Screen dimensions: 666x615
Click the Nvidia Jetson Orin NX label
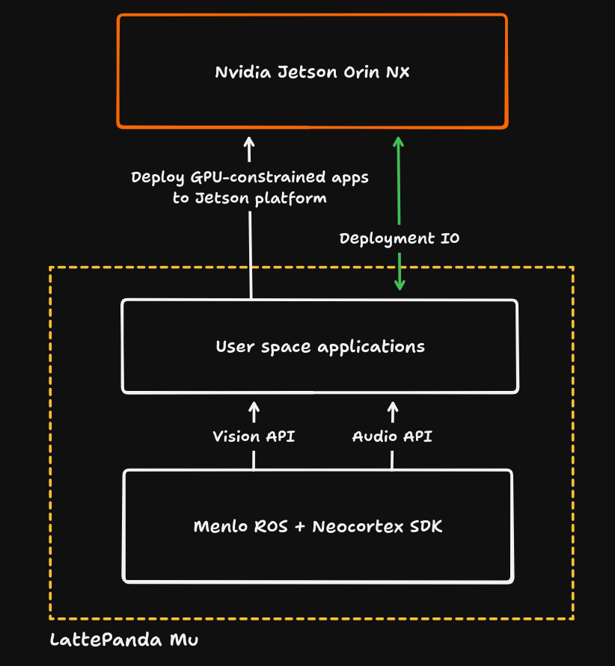312,73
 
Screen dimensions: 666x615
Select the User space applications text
319,347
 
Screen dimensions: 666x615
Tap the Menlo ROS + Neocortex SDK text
318,526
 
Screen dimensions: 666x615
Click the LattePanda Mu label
124,641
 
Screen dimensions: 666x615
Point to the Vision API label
254,437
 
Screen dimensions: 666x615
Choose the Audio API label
392,437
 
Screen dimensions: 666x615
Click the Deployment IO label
400,239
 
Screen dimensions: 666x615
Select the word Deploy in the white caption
157,178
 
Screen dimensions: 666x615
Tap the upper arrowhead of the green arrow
399,141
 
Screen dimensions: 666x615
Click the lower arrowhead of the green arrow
400,285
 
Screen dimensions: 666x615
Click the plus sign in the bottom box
300,527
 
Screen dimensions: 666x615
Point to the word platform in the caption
292,199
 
